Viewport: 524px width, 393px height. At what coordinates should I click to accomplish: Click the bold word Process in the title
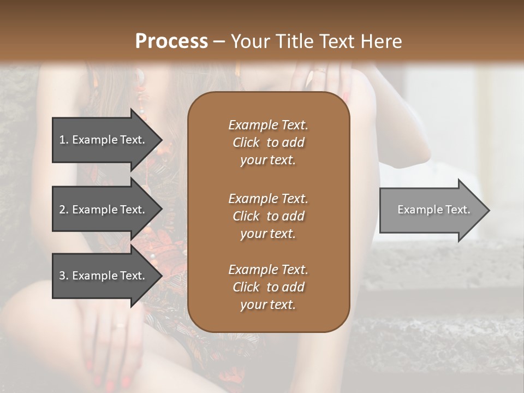click(171, 41)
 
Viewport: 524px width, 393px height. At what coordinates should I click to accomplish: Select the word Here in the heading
click(382, 41)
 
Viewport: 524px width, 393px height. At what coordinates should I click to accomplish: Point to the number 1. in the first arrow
click(64, 140)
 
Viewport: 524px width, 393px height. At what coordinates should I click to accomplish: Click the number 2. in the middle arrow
click(64, 210)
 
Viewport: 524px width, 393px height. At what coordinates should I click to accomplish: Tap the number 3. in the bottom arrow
click(64, 276)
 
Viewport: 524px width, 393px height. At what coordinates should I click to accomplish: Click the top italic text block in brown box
click(268, 142)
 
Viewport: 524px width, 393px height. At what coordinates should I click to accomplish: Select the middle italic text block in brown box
click(268, 216)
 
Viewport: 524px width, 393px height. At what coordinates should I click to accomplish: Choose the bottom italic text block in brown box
click(268, 287)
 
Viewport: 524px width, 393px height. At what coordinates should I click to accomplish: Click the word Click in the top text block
click(246, 142)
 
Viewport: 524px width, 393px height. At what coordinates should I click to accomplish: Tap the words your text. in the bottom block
click(268, 305)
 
